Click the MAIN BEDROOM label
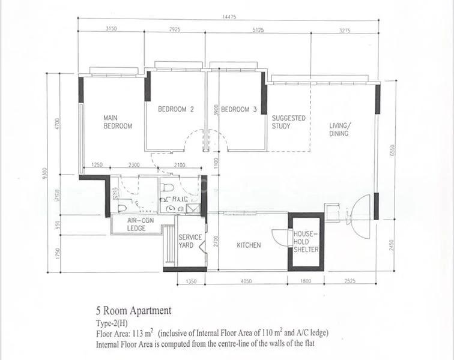[x=117, y=122]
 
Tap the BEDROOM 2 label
[x=175, y=110]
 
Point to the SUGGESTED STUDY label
[x=288, y=122]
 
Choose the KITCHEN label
[x=249, y=245]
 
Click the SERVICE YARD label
[x=190, y=241]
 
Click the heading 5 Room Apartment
[x=133, y=311]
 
